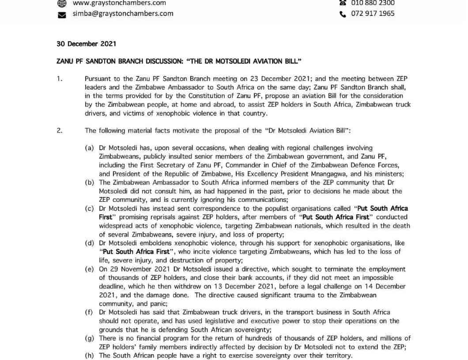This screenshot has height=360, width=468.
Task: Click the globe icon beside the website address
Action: tap(62, 3)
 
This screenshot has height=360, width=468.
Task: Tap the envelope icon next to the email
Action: tap(62, 14)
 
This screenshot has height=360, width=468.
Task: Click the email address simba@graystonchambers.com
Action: tap(123, 13)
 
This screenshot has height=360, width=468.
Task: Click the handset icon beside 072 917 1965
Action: tap(343, 14)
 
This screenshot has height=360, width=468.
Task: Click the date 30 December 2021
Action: tap(86, 44)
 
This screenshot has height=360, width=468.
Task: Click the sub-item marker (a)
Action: tap(90, 148)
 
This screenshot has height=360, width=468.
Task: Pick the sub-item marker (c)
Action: tap(90, 208)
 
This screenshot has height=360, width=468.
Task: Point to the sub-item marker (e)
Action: tap(90, 269)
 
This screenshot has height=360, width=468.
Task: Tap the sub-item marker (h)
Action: tap(90, 356)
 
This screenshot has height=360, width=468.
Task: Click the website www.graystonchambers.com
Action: tap(119, 3)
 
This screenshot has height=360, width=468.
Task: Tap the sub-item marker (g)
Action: tap(90, 338)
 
